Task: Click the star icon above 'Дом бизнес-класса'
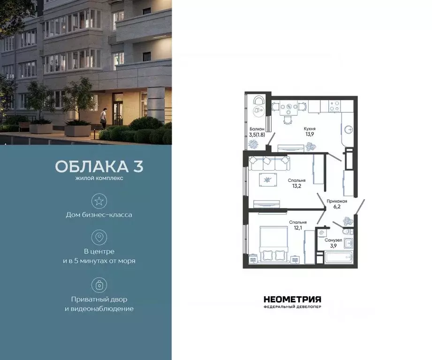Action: click(x=99, y=202)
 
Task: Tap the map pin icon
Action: click(x=99, y=237)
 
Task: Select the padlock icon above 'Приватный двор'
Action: click(x=99, y=285)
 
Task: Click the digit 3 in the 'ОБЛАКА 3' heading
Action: click(x=137, y=167)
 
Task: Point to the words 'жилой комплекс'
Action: click(x=99, y=178)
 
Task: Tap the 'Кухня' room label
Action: click(x=309, y=128)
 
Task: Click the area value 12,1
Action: click(x=298, y=228)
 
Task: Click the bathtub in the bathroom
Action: click(x=339, y=257)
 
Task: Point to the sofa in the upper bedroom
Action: click(x=269, y=164)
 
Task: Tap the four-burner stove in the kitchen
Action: click(x=335, y=106)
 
